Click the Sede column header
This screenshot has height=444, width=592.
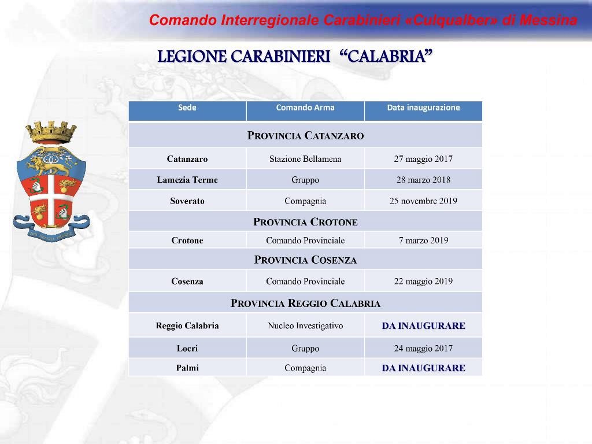click(x=187, y=108)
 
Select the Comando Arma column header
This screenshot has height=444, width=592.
click(x=305, y=108)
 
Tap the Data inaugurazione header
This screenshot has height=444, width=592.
click(x=423, y=108)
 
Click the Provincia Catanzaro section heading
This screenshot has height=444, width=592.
click(x=305, y=135)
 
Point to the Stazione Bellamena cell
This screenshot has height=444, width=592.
click(x=305, y=159)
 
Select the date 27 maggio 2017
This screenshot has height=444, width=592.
click(x=423, y=159)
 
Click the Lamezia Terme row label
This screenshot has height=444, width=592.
click(x=187, y=180)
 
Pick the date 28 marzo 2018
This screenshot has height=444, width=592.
click(x=423, y=180)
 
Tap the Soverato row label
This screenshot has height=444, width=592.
click(x=187, y=201)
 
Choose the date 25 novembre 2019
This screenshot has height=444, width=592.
click(x=423, y=201)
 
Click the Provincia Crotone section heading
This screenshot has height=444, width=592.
click(x=305, y=222)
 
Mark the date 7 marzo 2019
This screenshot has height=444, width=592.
click(x=423, y=240)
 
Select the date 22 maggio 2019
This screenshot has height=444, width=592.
click(x=423, y=282)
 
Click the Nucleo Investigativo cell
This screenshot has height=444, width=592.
click(x=305, y=325)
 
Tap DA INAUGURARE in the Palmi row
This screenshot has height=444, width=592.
click(x=423, y=368)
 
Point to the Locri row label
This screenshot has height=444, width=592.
click(x=187, y=348)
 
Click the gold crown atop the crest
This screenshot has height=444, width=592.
click(x=51, y=132)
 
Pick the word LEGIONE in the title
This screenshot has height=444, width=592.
click(x=191, y=57)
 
